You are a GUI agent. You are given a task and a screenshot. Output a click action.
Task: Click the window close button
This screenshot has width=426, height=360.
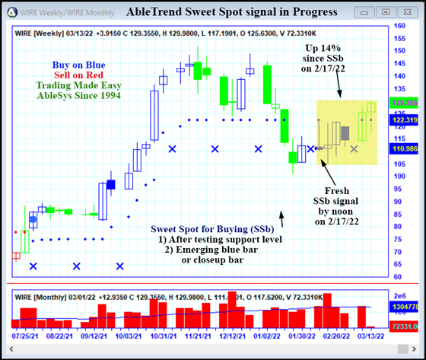(x=407, y=13)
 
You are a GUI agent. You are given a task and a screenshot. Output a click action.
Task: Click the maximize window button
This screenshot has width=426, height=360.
(x=387, y=13)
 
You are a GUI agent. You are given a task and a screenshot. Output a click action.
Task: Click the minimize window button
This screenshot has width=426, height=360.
(x=368, y=13)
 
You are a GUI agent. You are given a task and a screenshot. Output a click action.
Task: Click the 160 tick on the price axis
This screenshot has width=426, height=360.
(x=399, y=26)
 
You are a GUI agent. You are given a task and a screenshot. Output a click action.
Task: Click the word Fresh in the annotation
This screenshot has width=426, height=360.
(x=337, y=190)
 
